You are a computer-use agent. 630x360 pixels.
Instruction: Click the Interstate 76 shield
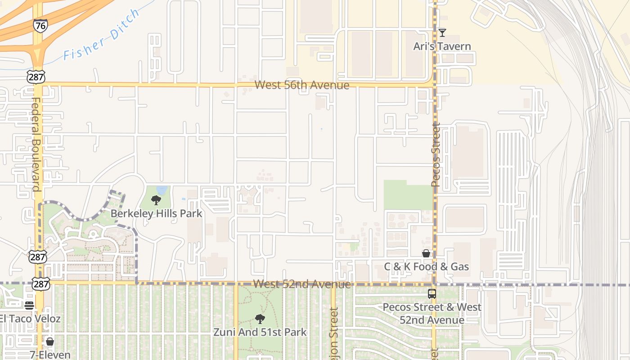pos(40,26)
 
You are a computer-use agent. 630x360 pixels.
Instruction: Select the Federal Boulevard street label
pos(36,144)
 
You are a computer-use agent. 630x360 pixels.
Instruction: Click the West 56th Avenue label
pos(301,85)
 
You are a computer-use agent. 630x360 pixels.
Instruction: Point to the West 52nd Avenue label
pos(301,284)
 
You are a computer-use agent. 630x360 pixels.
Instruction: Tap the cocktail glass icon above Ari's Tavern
pos(442,32)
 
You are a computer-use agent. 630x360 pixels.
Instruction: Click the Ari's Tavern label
pos(442,46)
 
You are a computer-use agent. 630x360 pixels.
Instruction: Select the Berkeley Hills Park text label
pos(156,213)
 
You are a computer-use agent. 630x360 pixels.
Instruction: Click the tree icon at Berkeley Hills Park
pos(156,200)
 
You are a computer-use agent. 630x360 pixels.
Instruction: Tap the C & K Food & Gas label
pos(426,267)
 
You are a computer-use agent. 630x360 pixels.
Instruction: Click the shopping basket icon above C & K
pos(426,254)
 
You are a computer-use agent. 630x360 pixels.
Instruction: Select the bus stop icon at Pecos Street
pos(432,294)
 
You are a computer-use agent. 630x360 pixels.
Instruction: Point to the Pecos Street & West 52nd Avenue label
pos(432,314)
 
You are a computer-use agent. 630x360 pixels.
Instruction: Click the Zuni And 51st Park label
pos(260,333)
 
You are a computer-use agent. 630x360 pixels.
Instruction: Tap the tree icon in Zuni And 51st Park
pos(260,319)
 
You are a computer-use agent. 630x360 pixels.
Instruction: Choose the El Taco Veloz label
pos(30,319)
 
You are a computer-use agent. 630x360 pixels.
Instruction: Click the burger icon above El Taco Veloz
pos(30,306)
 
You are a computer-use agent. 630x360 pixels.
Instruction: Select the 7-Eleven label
pos(50,355)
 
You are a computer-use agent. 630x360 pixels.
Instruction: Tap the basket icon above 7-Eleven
pos(50,342)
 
